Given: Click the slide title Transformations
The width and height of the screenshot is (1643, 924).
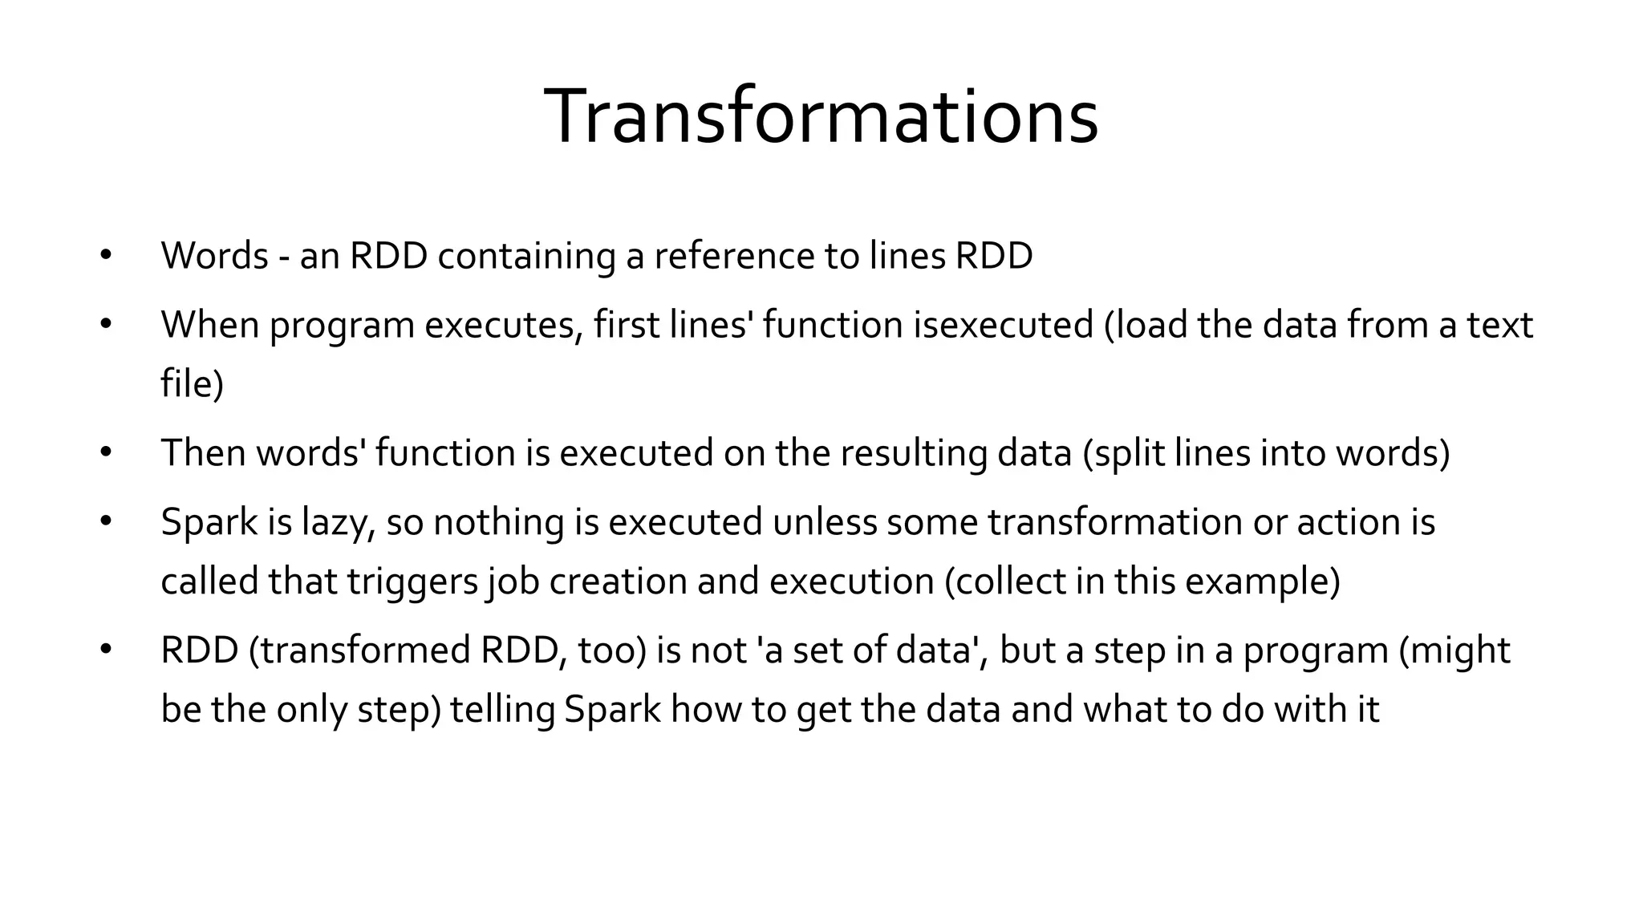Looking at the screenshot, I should (821, 117).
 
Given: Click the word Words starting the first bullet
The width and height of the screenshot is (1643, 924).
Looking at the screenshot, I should (214, 256).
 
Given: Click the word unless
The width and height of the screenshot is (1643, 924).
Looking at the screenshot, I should (825, 522).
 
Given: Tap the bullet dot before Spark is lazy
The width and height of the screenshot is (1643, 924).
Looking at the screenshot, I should (106, 522).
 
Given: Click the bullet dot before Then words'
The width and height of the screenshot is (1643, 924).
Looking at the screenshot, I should (106, 452).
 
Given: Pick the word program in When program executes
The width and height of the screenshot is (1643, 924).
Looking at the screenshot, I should (342, 325).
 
